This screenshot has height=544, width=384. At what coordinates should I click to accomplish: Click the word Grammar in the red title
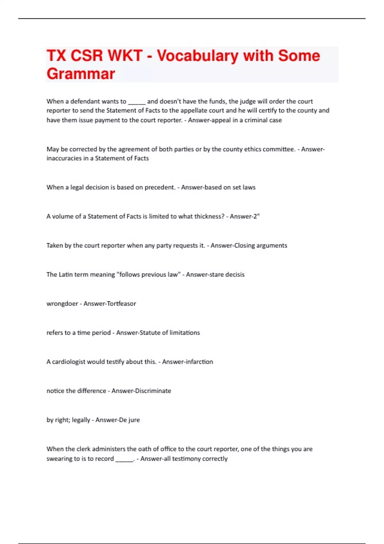81,74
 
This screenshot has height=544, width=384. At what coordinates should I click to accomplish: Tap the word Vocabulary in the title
198,56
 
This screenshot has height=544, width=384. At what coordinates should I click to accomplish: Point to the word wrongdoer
62,303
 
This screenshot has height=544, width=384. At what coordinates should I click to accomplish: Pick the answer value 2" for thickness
256,216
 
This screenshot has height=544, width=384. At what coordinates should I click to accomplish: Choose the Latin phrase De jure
129,420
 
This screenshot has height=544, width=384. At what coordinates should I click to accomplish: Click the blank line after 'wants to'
137,102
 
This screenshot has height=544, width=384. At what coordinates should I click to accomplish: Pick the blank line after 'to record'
124,459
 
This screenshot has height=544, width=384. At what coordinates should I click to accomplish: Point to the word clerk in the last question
84,449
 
